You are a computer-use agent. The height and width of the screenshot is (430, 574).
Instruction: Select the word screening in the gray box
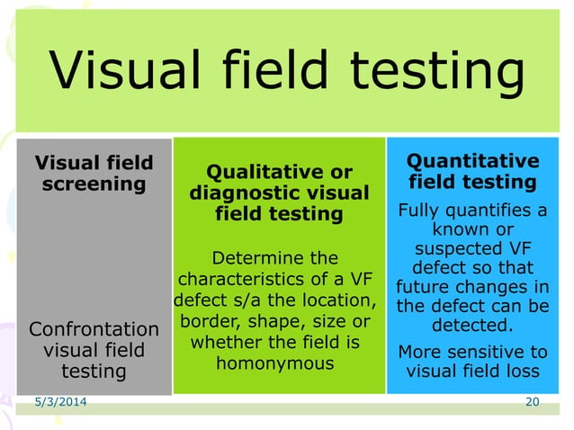[94, 184]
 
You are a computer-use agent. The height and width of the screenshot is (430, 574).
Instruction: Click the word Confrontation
[94, 328]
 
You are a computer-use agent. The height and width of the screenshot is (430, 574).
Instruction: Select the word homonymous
[275, 363]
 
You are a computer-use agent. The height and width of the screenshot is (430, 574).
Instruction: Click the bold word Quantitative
[472, 161]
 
